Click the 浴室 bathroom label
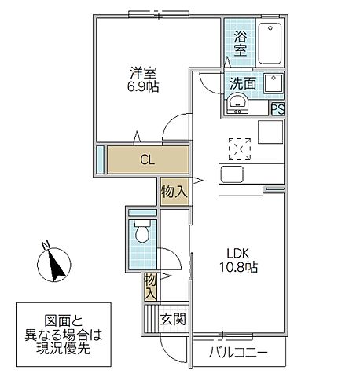(241, 43)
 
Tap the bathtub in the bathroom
(270, 43)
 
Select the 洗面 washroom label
(243, 83)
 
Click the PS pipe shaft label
(277, 109)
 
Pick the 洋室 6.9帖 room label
(143, 79)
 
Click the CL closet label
(147, 159)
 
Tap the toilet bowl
(142, 232)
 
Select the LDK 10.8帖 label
(238, 260)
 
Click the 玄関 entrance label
(173, 320)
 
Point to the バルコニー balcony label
(238, 353)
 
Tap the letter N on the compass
(46, 244)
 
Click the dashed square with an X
(240, 149)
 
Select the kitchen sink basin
(232, 174)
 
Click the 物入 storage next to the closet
(174, 192)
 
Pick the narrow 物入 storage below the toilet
(150, 287)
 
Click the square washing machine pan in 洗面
(274, 83)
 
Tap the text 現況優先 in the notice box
(63, 349)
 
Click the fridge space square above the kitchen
(270, 132)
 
